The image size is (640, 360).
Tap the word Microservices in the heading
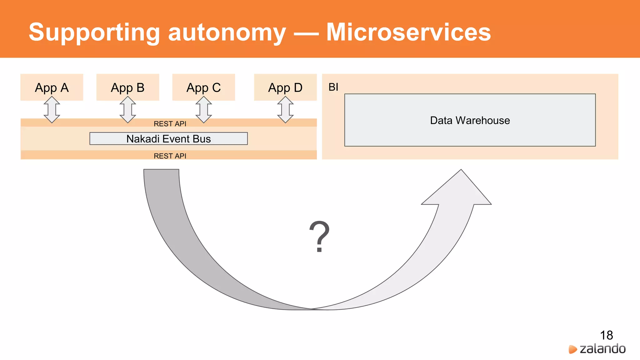tap(408, 32)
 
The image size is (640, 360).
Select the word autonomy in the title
tap(227, 32)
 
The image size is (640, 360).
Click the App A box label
tap(52, 88)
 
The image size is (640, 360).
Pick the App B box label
tap(127, 88)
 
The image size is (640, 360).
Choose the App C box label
tap(203, 88)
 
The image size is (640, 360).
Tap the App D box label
tap(285, 88)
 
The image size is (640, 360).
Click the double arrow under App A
tap(52, 109)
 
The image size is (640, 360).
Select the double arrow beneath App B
tap(127, 109)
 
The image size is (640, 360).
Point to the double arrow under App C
tap(203, 109)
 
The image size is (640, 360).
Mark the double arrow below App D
tap(285, 109)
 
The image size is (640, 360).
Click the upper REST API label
tap(170, 124)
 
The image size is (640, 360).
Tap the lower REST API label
tap(170, 156)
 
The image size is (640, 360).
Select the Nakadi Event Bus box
tap(168, 139)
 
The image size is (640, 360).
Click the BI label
tap(333, 87)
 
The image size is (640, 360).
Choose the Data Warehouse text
tap(470, 121)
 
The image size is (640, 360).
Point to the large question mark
tap(319, 236)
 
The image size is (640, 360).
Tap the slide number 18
tap(606, 336)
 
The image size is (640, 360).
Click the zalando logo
tap(597, 349)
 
